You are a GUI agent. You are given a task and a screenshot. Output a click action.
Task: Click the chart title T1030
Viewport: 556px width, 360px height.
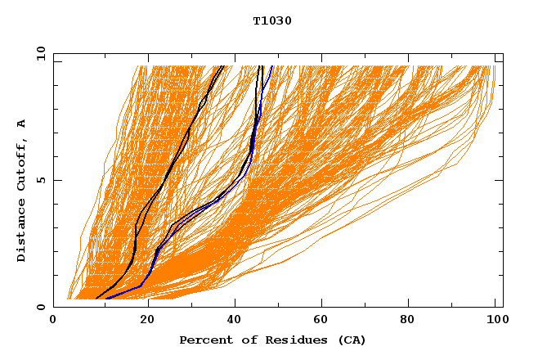tap(272, 20)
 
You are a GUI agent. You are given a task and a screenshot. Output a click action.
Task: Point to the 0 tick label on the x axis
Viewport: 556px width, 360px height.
tap(53, 320)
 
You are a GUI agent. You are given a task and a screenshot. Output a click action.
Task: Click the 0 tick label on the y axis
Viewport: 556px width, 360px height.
tap(40, 307)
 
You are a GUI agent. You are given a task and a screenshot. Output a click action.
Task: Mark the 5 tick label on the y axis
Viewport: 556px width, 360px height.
tap(40, 180)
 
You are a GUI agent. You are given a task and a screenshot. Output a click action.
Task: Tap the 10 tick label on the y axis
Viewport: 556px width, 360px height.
tap(38, 53)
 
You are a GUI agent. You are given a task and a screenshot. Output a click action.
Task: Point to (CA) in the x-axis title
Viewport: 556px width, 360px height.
tap(351, 340)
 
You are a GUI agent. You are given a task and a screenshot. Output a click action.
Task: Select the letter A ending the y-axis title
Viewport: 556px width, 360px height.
tap(21, 123)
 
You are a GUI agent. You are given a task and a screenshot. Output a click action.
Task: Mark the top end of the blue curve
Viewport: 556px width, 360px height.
tap(272, 66)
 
